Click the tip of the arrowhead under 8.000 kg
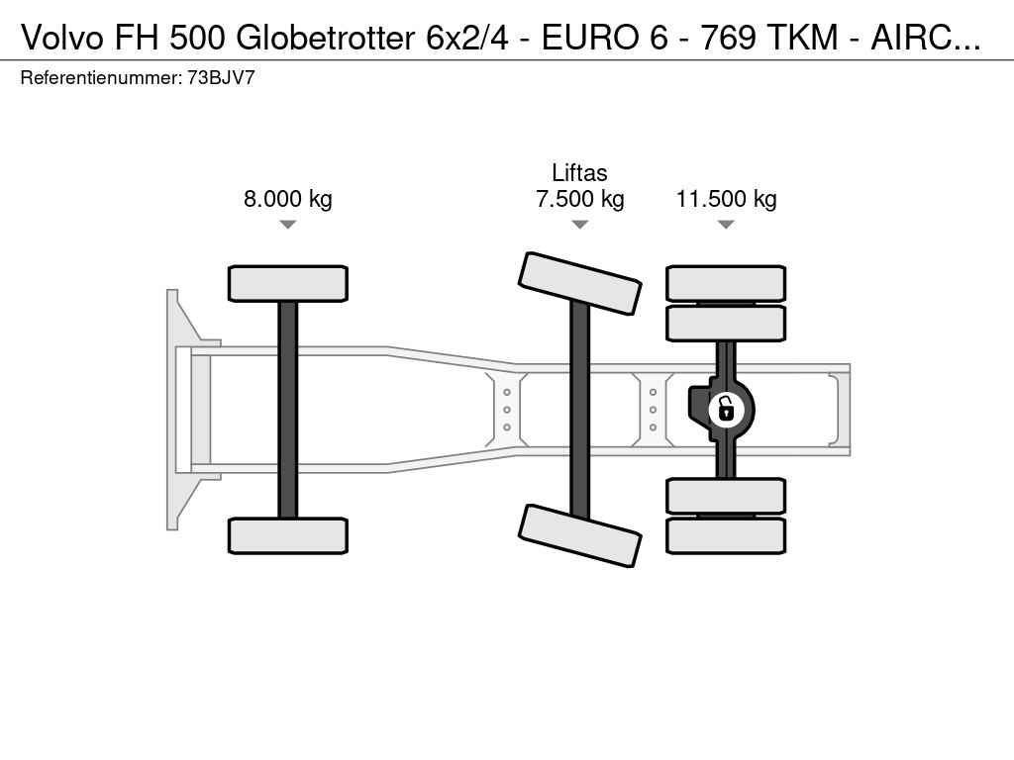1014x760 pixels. coord(288,229)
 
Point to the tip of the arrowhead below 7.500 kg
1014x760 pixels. coord(580,229)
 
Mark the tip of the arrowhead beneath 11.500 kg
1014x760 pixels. coord(726,229)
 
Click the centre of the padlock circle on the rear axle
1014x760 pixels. coord(726,410)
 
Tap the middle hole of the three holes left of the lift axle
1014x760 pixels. coord(507,410)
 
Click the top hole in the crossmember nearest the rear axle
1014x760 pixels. coord(654,392)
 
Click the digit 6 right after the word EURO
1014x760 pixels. coord(658,38)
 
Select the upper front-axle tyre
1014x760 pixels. coord(288,284)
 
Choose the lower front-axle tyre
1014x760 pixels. coord(288,535)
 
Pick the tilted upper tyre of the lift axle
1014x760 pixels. coord(580,283)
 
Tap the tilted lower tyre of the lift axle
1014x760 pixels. coord(580,535)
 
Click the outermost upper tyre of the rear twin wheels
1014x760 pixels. coord(726,283)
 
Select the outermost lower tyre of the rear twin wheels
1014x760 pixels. coord(726,535)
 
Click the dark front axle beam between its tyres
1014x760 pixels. coord(288,410)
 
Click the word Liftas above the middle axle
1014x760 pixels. coord(579,173)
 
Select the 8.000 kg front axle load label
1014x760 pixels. coord(288,198)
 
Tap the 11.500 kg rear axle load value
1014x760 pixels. coord(726,198)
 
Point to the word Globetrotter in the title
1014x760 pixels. coord(325,38)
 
